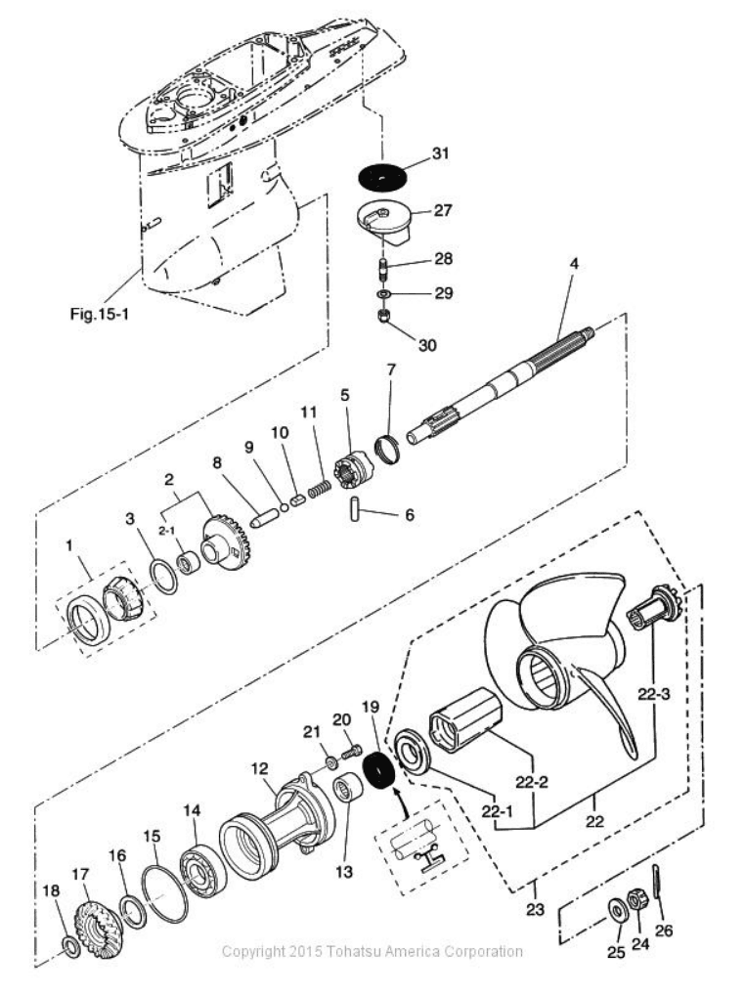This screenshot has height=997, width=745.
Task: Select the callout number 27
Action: pyautogui.click(x=443, y=209)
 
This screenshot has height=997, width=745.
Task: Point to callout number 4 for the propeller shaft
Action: pyautogui.click(x=574, y=265)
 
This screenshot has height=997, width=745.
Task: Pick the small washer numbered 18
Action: pyautogui.click(x=71, y=946)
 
